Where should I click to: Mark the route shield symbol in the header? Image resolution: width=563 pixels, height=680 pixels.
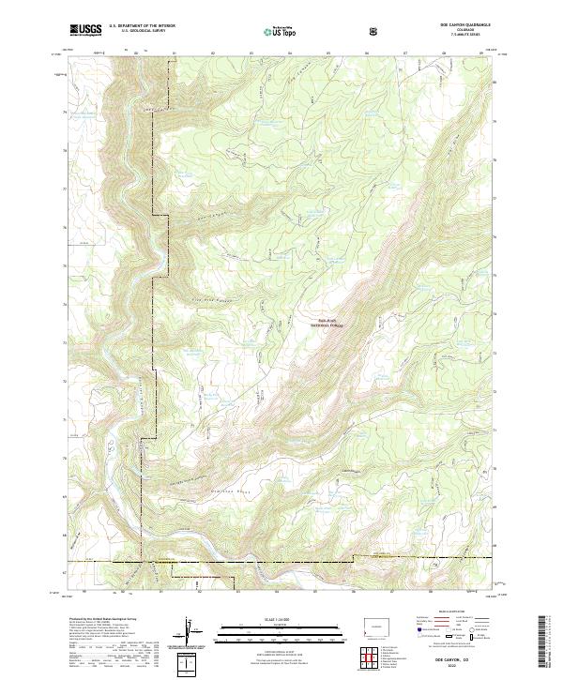(x=374, y=31)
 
